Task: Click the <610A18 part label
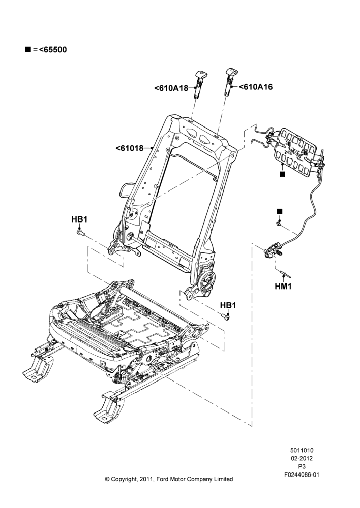click(171, 88)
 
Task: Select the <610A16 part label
click(256, 87)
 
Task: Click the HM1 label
click(283, 287)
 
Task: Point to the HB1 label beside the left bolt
click(79, 219)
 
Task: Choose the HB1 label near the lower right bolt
click(228, 305)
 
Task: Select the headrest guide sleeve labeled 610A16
click(230, 82)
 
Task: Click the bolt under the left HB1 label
click(80, 232)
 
